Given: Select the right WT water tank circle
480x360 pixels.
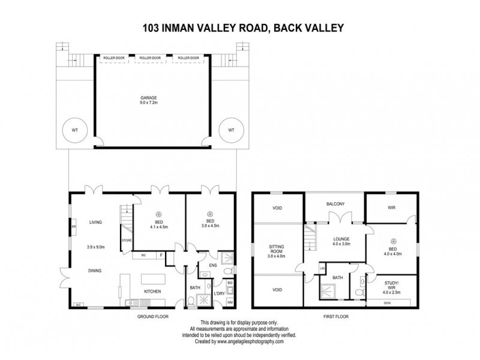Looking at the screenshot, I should (x=232, y=130).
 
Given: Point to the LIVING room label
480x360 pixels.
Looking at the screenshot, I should (x=96, y=223).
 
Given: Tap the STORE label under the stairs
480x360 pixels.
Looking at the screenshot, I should (x=127, y=241).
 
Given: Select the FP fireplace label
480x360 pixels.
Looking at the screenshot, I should (x=73, y=227).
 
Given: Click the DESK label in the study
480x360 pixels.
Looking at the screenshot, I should (x=388, y=303).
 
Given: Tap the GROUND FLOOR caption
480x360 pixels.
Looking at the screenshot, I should (x=152, y=316).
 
